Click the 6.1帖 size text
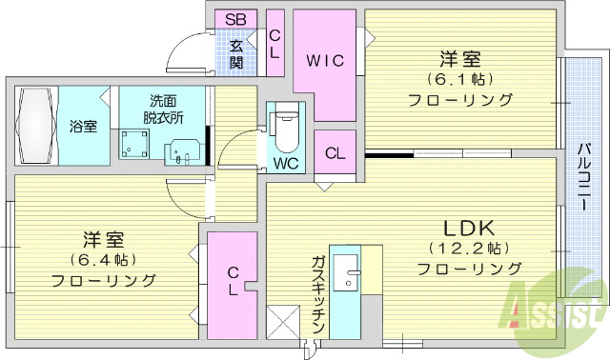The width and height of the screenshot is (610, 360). tap(460, 78)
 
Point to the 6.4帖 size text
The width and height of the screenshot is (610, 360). tap(103, 258)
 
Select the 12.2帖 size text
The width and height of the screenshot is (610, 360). tap(469, 248)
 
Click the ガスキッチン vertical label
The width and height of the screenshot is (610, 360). tap(318, 295)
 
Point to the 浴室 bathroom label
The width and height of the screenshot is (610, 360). tap(82, 127)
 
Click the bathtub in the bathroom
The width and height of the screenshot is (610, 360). tap(34, 126)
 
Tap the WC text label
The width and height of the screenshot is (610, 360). tap(286, 162)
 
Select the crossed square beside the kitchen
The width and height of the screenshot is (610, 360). tap(282, 321)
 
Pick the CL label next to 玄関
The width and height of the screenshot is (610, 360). tap(274, 45)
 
